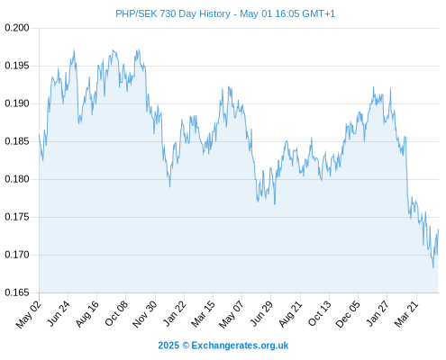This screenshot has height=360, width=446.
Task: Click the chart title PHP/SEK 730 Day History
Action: [x=173, y=13]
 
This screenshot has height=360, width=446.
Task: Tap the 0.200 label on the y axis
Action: [x=17, y=28]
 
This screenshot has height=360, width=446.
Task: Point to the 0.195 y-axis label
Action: [x=17, y=66]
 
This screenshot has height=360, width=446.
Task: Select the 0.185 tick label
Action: [x=17, y=141]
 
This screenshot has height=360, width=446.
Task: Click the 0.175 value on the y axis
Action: [x=17, y=217]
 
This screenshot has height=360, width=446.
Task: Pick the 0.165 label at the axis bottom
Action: [x=17, y=292]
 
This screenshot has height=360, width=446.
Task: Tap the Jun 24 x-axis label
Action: [x=59, y=313]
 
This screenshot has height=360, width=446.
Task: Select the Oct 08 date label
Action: [x=116, y=313]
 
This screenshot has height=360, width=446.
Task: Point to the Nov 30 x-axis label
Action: [x=144, y=314]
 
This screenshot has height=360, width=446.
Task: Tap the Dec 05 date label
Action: [x=348, y=314]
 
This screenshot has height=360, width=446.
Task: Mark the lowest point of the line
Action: [x=433, y=267]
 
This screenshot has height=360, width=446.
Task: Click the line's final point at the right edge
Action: [x=439, y=229]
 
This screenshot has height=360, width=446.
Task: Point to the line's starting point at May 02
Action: [x=39, y=134]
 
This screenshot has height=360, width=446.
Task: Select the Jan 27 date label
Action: [x=378, y=313]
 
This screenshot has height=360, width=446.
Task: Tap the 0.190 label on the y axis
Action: [x=17, y=103]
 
